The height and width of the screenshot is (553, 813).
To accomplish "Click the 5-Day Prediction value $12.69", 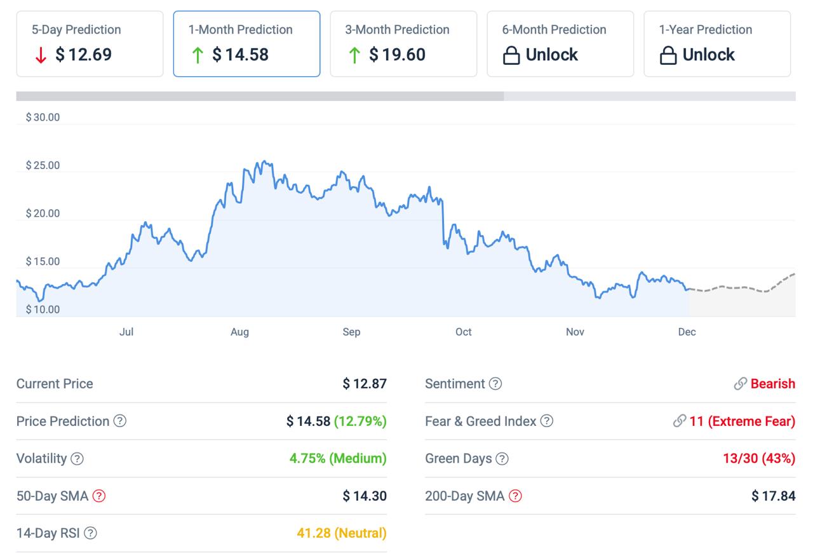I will (83, 55).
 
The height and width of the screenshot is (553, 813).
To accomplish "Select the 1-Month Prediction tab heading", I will (240, 30).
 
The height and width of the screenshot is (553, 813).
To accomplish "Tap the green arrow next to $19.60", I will (354, 55).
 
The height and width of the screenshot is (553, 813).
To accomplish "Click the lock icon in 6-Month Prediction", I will (511, 56).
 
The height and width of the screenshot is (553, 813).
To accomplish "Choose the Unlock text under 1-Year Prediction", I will (708, 55).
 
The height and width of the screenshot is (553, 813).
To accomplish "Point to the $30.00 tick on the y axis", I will (43, 117).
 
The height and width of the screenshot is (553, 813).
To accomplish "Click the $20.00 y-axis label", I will (43, 214).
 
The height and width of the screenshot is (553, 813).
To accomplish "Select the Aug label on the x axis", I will (239, 332).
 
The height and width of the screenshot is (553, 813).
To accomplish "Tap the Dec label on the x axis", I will (687, 332).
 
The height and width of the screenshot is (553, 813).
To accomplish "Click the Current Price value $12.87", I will (365, 384).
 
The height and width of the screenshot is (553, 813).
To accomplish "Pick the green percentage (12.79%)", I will (360, 421).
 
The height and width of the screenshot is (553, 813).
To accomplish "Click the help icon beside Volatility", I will (77, 459).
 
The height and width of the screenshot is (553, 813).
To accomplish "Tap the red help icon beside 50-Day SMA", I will (98, 496).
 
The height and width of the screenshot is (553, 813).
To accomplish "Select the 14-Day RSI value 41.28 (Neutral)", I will (341, 533).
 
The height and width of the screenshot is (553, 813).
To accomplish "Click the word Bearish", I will (772, 384).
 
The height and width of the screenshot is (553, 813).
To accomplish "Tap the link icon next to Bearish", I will (740, 384).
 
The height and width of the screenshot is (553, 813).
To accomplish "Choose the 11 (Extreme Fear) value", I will (742, 421).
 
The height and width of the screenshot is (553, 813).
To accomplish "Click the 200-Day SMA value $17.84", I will (773, 496).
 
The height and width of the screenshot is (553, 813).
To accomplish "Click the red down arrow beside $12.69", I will (41, 55).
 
